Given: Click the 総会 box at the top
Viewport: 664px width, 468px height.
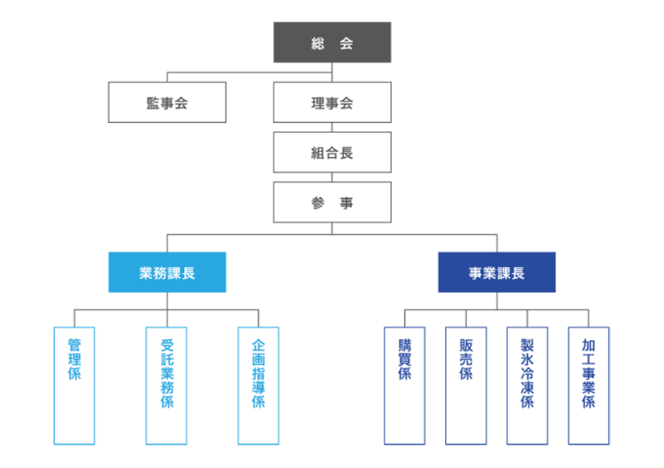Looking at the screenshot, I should coord(332,43).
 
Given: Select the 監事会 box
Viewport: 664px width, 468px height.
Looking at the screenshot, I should coord(167,103).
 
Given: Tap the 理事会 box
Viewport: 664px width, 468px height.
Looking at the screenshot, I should coord(332,103).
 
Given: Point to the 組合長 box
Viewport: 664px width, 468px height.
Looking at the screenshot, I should coord(332,152).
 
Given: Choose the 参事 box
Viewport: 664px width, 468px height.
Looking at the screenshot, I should coord(332,203).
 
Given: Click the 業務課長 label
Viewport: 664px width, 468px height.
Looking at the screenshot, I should coord(167,273).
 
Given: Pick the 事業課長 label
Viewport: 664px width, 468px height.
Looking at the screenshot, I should coord(497,273).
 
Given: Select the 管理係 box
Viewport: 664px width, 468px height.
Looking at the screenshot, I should coord(74,385).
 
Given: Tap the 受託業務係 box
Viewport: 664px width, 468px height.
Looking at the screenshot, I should coord(167,385).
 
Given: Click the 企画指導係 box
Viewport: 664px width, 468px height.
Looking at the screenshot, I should coord(258,385).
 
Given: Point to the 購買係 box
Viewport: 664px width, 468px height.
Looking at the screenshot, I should coord(405,385).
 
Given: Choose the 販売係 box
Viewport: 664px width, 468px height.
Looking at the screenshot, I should coord(466,385).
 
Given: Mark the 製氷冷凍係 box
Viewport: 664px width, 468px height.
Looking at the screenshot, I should coord(527,385).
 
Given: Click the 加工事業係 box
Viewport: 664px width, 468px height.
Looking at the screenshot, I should coord(588,385).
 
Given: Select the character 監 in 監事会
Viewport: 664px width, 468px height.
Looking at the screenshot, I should coord(153,103).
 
